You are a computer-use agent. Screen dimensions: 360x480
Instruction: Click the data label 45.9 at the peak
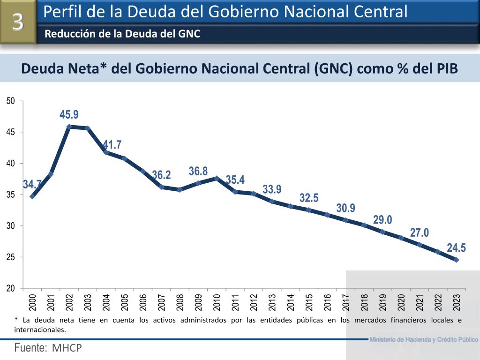[69, 114]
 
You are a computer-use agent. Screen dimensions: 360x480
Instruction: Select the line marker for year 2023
[456, 260]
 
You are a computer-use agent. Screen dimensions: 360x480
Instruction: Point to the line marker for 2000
[32, 196]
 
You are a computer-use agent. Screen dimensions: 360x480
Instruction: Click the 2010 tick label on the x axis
[217, 302]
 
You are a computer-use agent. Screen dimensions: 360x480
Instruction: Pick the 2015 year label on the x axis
[309, 302]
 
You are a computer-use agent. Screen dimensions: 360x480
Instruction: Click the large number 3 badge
[18, 22]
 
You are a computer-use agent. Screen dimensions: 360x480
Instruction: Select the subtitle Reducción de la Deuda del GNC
[122, 34]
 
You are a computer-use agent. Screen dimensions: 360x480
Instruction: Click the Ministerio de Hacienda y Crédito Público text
[423, 339]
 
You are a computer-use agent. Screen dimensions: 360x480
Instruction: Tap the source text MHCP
[67, 348]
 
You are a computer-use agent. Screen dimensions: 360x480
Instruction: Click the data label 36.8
[198, 172]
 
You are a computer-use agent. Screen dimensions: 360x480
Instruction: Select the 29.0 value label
[382, 220]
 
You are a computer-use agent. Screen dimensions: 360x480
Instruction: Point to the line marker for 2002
[69, 127]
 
